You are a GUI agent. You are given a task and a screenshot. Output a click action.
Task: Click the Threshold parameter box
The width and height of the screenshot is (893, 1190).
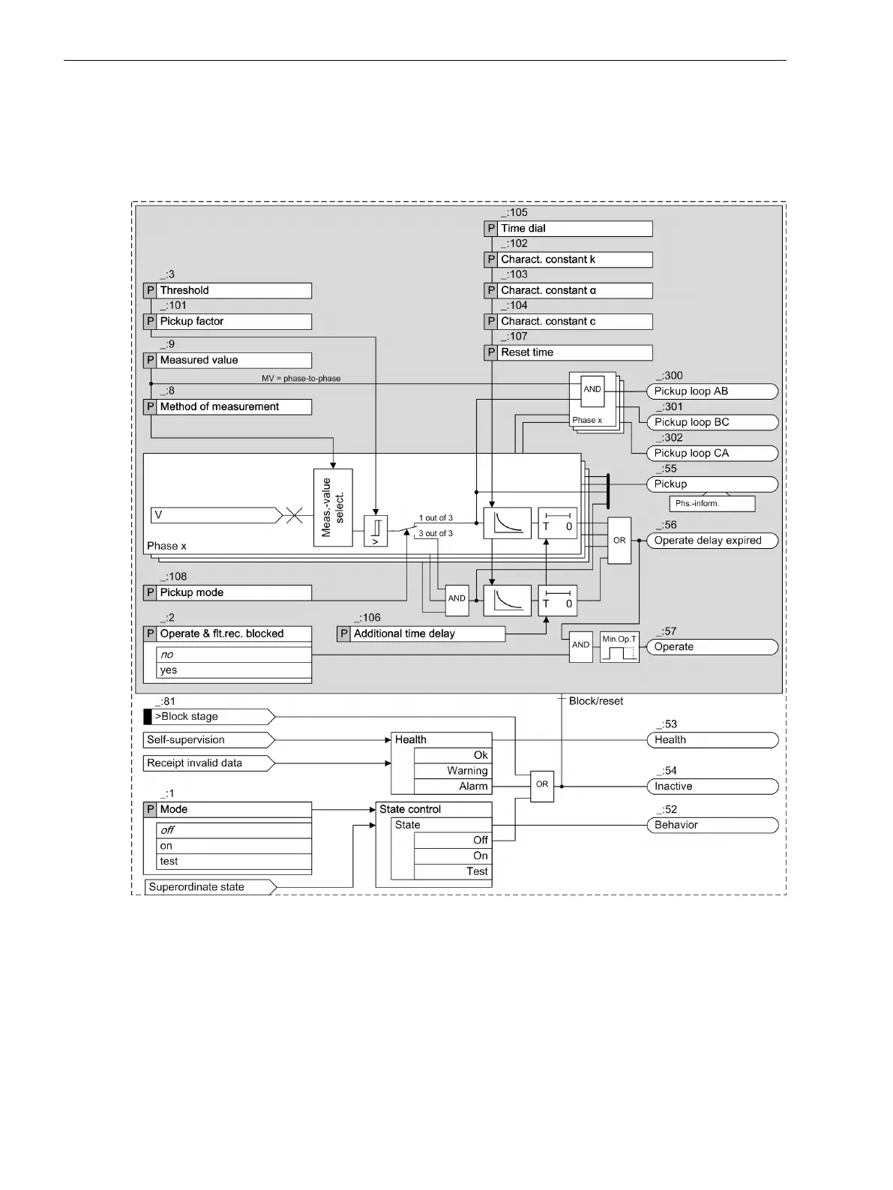tap(227, 290)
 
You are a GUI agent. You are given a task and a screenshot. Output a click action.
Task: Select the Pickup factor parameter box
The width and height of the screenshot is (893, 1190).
tap(227, 322)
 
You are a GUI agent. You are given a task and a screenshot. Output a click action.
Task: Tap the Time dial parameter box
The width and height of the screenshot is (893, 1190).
tap(568, 229)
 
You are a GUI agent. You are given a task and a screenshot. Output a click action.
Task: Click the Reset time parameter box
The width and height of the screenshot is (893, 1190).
tap(568, 352)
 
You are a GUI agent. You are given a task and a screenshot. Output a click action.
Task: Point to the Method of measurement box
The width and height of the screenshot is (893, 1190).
tap(227, 407)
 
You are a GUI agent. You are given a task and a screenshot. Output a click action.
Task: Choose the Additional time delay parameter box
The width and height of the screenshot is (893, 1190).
tap(421, 634)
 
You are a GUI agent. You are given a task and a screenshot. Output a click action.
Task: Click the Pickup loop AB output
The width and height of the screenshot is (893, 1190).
tap(712, 391)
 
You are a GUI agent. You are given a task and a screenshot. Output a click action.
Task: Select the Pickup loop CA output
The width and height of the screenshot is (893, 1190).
tap(712, 453)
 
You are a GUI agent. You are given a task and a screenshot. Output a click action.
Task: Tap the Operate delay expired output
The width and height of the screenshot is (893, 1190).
tap(712, 541)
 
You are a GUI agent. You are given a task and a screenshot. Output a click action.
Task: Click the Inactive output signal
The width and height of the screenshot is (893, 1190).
tap(712, 787)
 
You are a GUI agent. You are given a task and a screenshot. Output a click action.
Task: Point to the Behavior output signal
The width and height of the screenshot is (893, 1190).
tap(712, 825)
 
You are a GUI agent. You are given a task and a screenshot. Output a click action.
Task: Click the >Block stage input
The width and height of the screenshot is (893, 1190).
tap(209, 717)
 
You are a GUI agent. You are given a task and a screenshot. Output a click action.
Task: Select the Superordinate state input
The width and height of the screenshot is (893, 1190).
tap(209, 887)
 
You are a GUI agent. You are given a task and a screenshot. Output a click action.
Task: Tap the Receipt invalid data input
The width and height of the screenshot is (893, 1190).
tap(209, 763)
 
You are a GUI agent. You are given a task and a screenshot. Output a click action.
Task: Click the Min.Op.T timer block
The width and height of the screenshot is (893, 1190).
tap(619, 647)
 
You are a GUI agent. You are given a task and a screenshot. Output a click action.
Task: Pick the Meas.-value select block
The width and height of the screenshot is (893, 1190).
tap(333, 508)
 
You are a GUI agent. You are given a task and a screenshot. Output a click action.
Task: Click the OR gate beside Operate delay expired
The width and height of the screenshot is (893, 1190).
tap(619, 541)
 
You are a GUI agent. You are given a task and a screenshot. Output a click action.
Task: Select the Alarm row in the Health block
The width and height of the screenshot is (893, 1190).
tap(453, 787)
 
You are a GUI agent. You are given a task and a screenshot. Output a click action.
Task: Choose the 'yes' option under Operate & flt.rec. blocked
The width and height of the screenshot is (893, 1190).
tap(233, 670)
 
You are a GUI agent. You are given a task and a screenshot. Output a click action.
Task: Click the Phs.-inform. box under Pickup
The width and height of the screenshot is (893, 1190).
tap(701, 504)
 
